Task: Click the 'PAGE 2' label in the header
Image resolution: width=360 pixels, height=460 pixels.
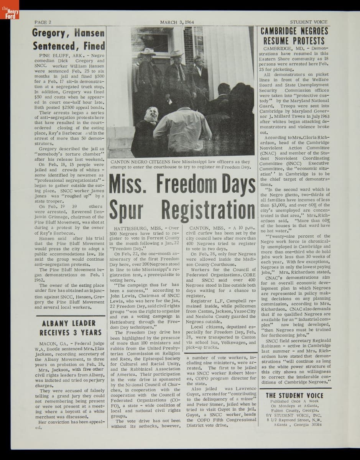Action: coord(43,22)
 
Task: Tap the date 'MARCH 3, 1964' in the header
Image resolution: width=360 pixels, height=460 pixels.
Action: coord(177,22)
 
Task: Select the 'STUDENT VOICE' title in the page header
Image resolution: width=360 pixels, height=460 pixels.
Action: coord(309,22)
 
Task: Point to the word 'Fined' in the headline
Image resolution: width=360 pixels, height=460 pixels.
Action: coord(95,46)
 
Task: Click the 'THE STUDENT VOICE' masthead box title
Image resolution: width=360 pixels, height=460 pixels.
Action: coord(294,396)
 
